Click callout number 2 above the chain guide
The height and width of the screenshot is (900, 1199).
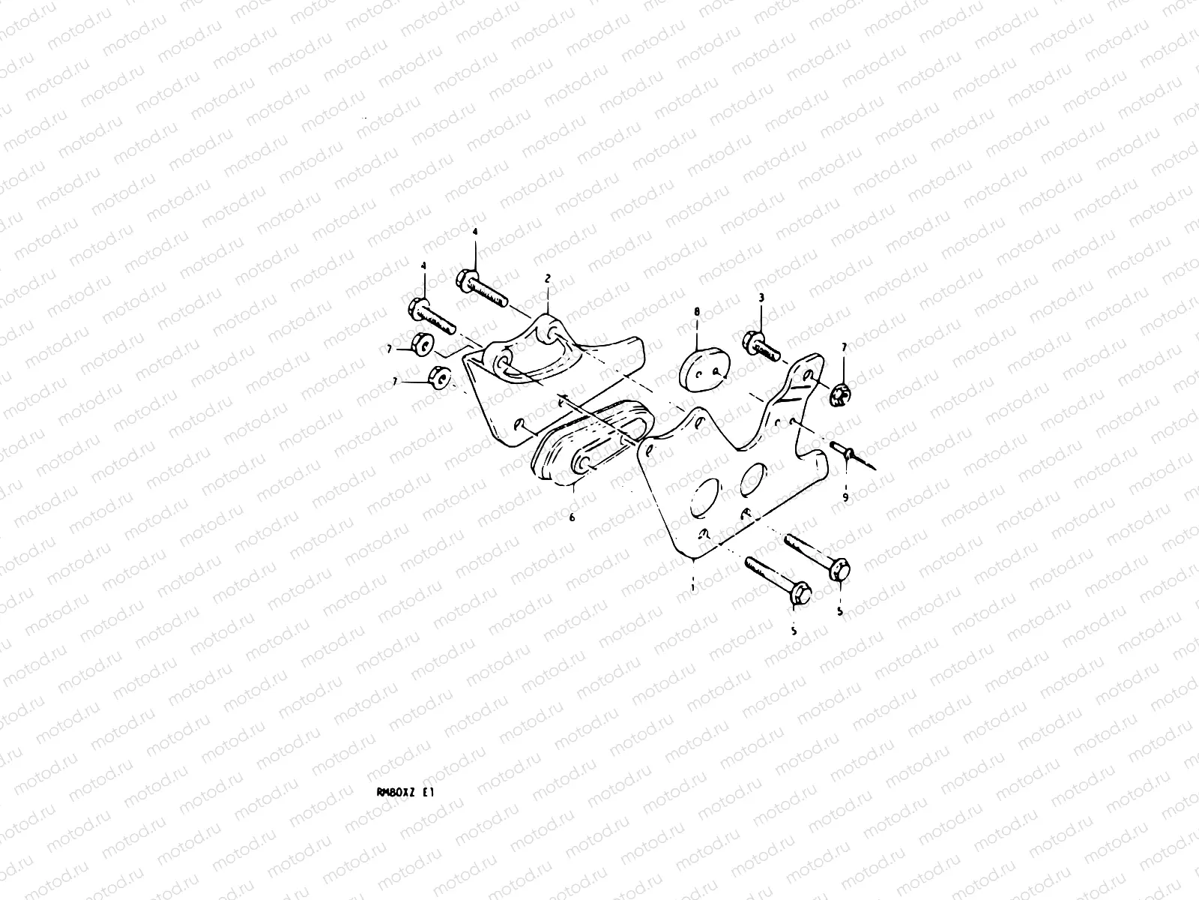(x=547, y=278)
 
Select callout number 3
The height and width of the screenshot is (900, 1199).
(x=761, y=298)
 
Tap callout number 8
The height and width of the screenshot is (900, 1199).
(x=696, y=310)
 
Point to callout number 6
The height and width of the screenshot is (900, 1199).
(x=572, y=517)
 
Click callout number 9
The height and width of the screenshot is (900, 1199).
(x=845, y=496)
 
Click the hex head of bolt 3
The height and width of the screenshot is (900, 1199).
(x=752, y=342)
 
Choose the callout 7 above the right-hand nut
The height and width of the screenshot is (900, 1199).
(x=844, y=347)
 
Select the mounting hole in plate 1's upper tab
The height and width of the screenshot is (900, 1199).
(x=807, y=376)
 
